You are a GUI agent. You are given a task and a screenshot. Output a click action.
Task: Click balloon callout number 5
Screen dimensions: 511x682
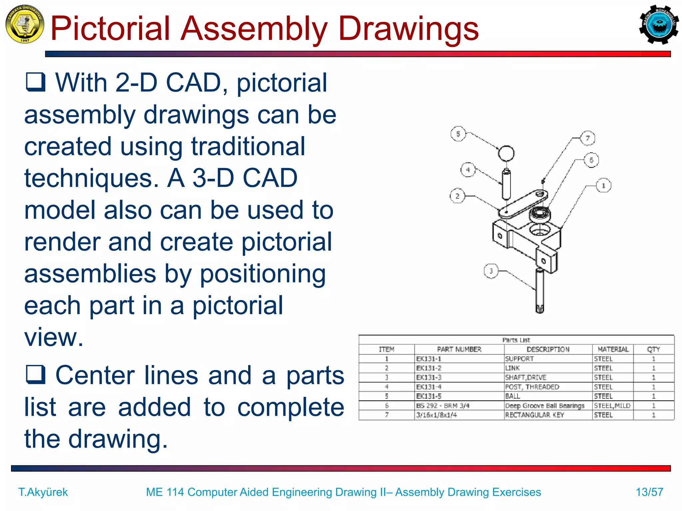458,134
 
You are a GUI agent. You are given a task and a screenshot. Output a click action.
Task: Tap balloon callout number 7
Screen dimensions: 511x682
587,138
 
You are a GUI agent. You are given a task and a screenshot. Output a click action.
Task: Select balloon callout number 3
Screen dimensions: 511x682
491,271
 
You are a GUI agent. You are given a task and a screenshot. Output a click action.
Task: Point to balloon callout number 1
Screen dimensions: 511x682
603,186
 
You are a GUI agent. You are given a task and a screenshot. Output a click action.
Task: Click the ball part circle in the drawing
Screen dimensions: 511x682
506,153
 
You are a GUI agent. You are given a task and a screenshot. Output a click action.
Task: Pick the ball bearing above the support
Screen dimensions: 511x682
539,213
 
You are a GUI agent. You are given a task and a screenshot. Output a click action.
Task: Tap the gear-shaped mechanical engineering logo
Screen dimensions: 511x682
659,25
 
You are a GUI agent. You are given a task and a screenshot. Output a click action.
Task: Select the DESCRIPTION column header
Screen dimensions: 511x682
548,349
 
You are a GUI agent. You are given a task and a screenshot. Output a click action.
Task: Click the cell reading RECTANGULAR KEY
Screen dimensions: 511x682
534,415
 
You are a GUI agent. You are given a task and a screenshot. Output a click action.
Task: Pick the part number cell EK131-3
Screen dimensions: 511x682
429,378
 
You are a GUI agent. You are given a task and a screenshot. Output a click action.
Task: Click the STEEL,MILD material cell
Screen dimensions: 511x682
612,406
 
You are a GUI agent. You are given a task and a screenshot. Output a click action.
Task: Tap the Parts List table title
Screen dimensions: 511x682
516,340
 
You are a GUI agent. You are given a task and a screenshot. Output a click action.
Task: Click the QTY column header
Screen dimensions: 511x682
653,349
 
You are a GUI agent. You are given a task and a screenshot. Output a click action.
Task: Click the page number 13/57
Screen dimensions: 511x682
649,492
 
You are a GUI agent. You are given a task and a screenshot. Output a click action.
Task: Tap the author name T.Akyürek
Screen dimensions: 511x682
43,492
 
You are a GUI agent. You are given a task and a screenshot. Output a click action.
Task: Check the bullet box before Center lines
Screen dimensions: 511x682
35,374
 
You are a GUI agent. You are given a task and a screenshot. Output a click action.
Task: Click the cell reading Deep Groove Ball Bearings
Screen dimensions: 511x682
545,406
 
